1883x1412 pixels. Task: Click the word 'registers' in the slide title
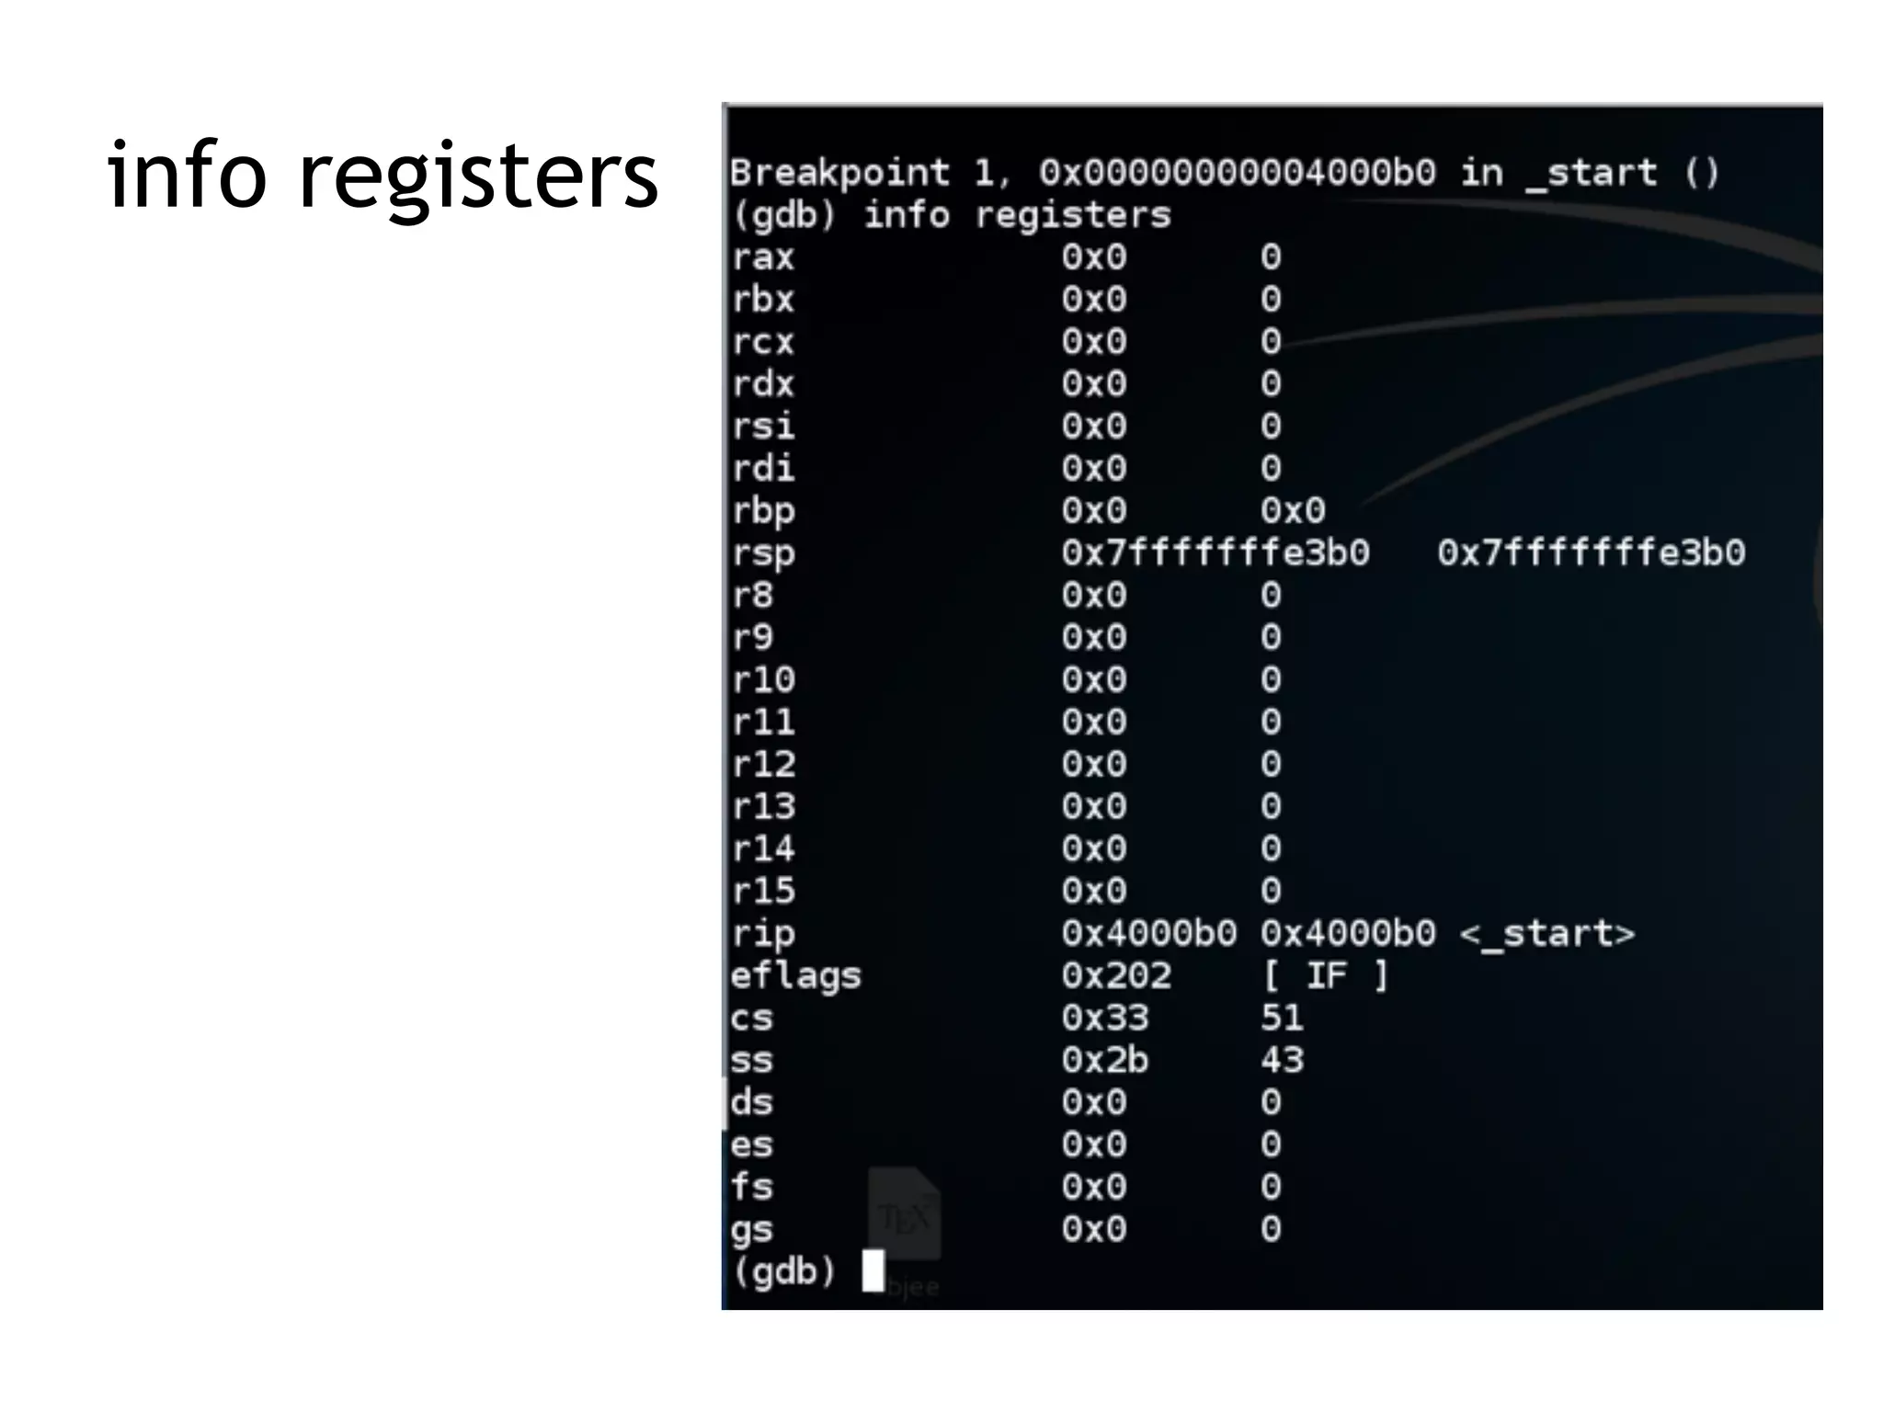coord(478,176)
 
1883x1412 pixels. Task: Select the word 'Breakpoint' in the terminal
coord(839,172)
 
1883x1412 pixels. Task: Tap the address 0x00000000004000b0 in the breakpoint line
coord(1237,172)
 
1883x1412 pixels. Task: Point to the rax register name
coord(762,257)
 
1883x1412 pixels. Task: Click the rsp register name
coord(762,554)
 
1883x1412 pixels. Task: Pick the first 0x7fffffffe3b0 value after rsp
coord(1215,552)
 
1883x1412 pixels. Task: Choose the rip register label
coord(762,934)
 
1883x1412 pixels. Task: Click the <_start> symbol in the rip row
coord(1546,934)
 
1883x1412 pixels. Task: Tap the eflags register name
coord(795,976)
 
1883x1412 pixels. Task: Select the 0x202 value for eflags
coord(1116,975)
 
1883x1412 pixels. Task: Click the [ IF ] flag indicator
coord(1325,975)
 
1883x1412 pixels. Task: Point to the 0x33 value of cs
coord(1105,1018)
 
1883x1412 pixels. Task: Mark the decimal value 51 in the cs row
coord(1282,1018)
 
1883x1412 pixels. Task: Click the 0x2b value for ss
coord(1105,1060)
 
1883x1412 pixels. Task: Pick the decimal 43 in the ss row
coord(1282,1060)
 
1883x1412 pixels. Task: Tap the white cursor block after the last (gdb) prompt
coord(873,1270)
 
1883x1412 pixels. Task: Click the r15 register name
coord(762,891)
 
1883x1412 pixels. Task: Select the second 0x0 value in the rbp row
coord(1293,510)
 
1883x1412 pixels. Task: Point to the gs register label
coord(751,1230)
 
